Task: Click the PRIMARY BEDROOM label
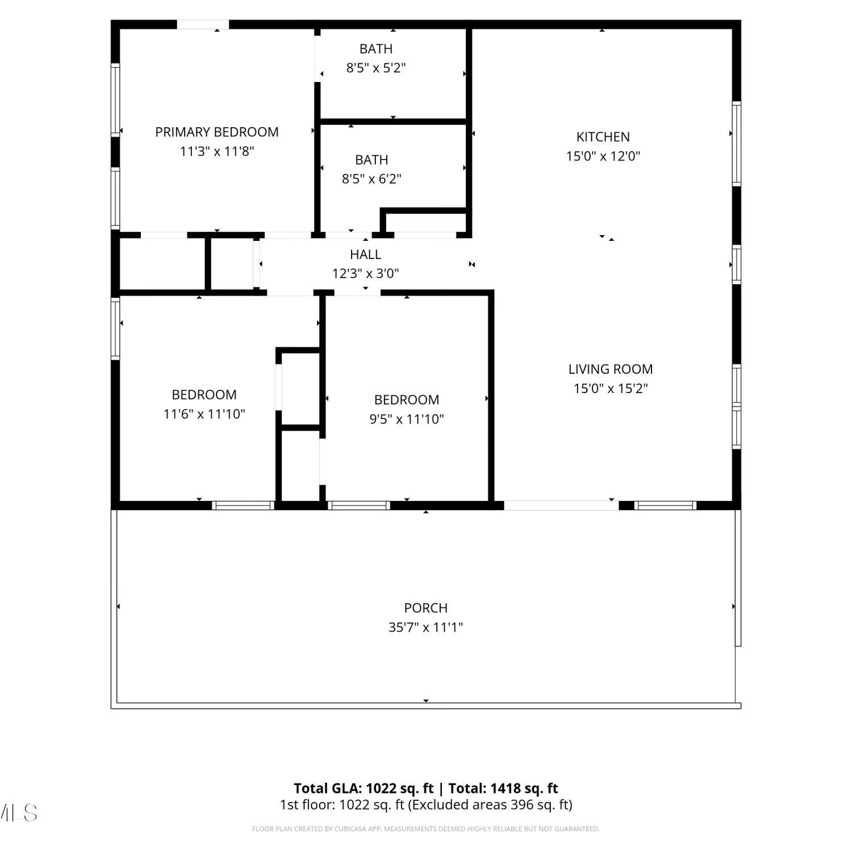pyautogui.click(x=217, y=132)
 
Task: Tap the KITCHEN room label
pyautogui.click(x=603, y=137)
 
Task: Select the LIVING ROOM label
pyautogui.click(x=611, y=369)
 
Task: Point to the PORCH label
pyautogui.click(x=426, y=608)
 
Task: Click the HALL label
pyautogui.click(x=365, y=254)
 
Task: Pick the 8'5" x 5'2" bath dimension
pyautogui.click(x=376, y=68)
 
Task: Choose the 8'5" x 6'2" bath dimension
pyautogui.click(x=371, y=179)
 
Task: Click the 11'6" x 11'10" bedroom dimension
pyautogui.click(x=204, y=414)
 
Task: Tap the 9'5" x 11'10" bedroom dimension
pyautogui.click(x=407, y=419)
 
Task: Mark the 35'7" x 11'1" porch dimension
pyautogui.click(x=426, y=628)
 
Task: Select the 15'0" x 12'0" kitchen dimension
pyautogui.click(x=603, y=156)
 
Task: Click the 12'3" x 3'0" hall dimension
pyautogui.click(x=365, y=274)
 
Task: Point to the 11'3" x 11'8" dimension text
pyautogui.click(x=217, y=152)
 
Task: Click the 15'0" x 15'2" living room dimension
pyautogui.click(x=611, y=389)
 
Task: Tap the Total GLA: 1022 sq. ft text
pyautogui.click(x=364, y=788)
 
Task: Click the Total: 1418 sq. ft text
pyautogui.click(x=503, y=788)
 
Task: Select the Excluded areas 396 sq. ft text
pyautogui.click(x=490, y=805)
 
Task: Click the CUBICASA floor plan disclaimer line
pyautogui.click(x=426, y=829)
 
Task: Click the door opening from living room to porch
pyautogui.click(x=561, y=505)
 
